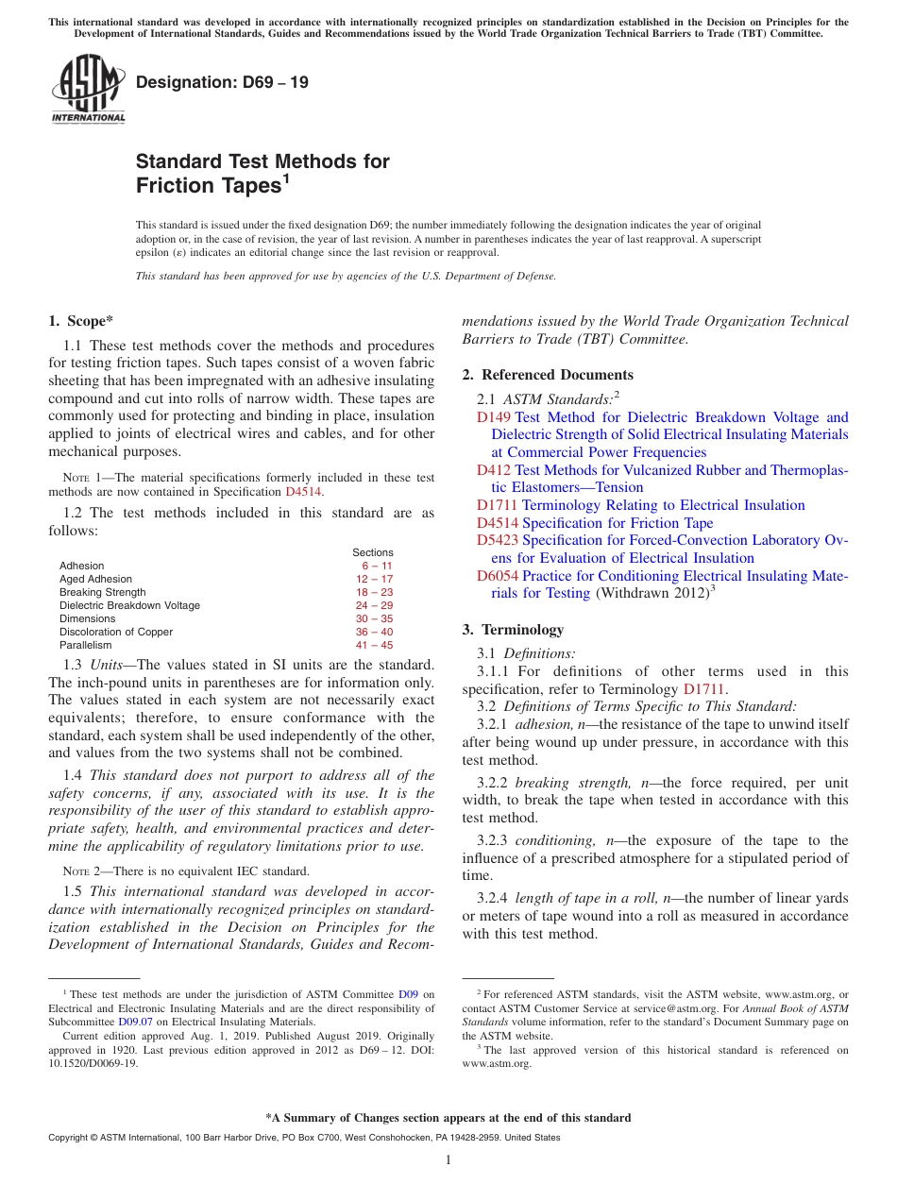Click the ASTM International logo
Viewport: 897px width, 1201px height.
click(88, 88)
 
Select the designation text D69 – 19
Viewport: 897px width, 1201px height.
click(222, 82)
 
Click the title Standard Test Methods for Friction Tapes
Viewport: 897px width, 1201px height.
click(262, 174)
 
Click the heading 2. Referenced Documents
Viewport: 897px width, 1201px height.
click(548, 375)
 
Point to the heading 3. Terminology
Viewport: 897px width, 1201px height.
click(513, 630)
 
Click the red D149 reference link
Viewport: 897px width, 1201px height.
click(494, 417)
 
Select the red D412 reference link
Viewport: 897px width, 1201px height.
click(494, 470)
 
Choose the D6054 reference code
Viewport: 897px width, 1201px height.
click(498, 576)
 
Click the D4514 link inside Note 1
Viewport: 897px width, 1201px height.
click(303, 492)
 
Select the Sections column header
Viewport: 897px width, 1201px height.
click(373, 553)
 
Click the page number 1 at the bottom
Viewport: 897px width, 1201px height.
click(448, 1160)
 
